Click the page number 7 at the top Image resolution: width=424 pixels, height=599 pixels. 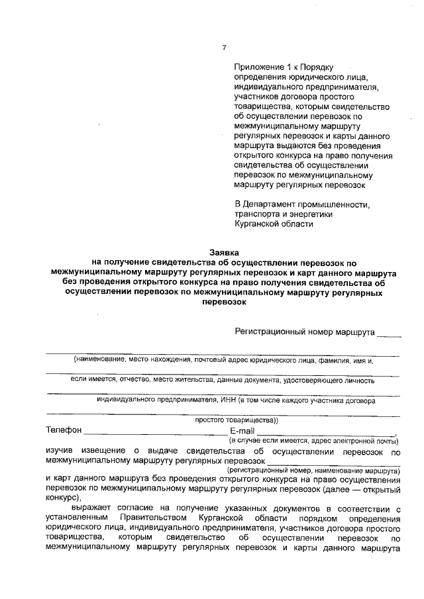(224, 47)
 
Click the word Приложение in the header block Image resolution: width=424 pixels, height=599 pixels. (257, 68)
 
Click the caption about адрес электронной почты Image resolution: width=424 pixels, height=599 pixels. (313, 440)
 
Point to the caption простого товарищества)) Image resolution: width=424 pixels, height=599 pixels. (236, 420)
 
